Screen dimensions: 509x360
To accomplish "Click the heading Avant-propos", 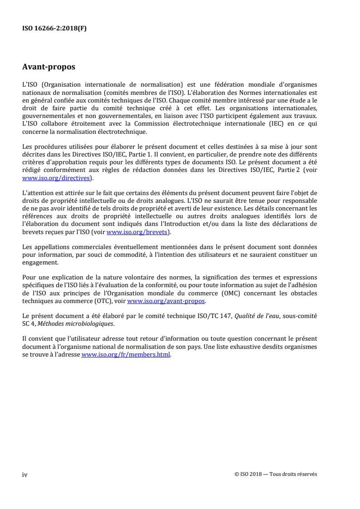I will coord(49,68).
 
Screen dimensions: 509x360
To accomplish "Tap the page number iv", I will coord(25,475).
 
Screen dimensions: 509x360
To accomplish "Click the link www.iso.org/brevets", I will coord(138,232).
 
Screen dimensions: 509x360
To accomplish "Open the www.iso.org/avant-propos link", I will coord(167,301).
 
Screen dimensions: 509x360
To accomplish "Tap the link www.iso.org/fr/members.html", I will coord(126,355).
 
